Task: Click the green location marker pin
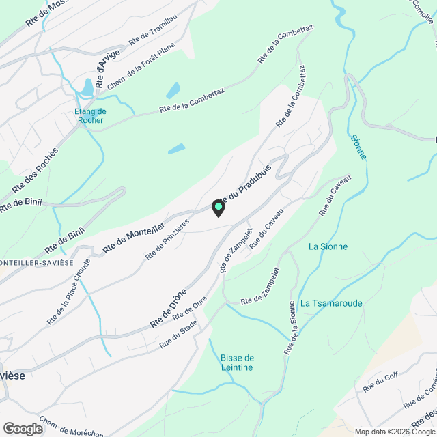pyautogui.click(x=218, y=208)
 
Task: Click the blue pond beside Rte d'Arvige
pyautogui.click(x=87, y=87)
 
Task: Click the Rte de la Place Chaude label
pyautogui.click(x=68, y=300)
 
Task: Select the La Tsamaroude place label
pyautogui.click(x=331, y=303)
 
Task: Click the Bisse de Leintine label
pyautogui.click(x=237, y=363)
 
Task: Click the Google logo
pyautogui.click(x=22, y=428)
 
